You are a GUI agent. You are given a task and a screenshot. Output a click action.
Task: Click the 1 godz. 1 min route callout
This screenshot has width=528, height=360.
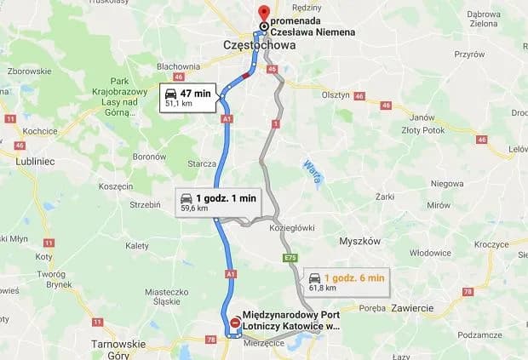pos(217,202)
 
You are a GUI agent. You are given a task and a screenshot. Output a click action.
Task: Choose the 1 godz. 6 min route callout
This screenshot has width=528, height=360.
pos(346,282)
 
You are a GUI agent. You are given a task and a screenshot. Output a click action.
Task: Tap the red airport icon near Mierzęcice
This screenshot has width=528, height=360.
pos(235,323)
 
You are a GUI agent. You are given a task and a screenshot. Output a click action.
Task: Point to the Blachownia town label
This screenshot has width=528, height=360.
pos(178,66)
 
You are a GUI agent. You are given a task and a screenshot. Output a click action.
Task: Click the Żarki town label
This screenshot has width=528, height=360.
pos(385,196)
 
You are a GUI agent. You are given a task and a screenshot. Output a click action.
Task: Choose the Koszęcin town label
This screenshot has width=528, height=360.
pos(116,186)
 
